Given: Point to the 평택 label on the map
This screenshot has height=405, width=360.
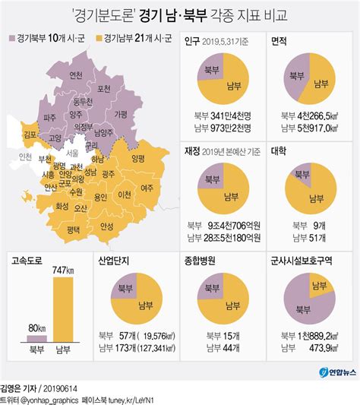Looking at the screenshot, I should click(x=74, y=229).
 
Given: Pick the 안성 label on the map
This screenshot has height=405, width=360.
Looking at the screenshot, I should click(x=106, y=226).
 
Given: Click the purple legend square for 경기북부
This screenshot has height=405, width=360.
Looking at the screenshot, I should click(x=12, y=37).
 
